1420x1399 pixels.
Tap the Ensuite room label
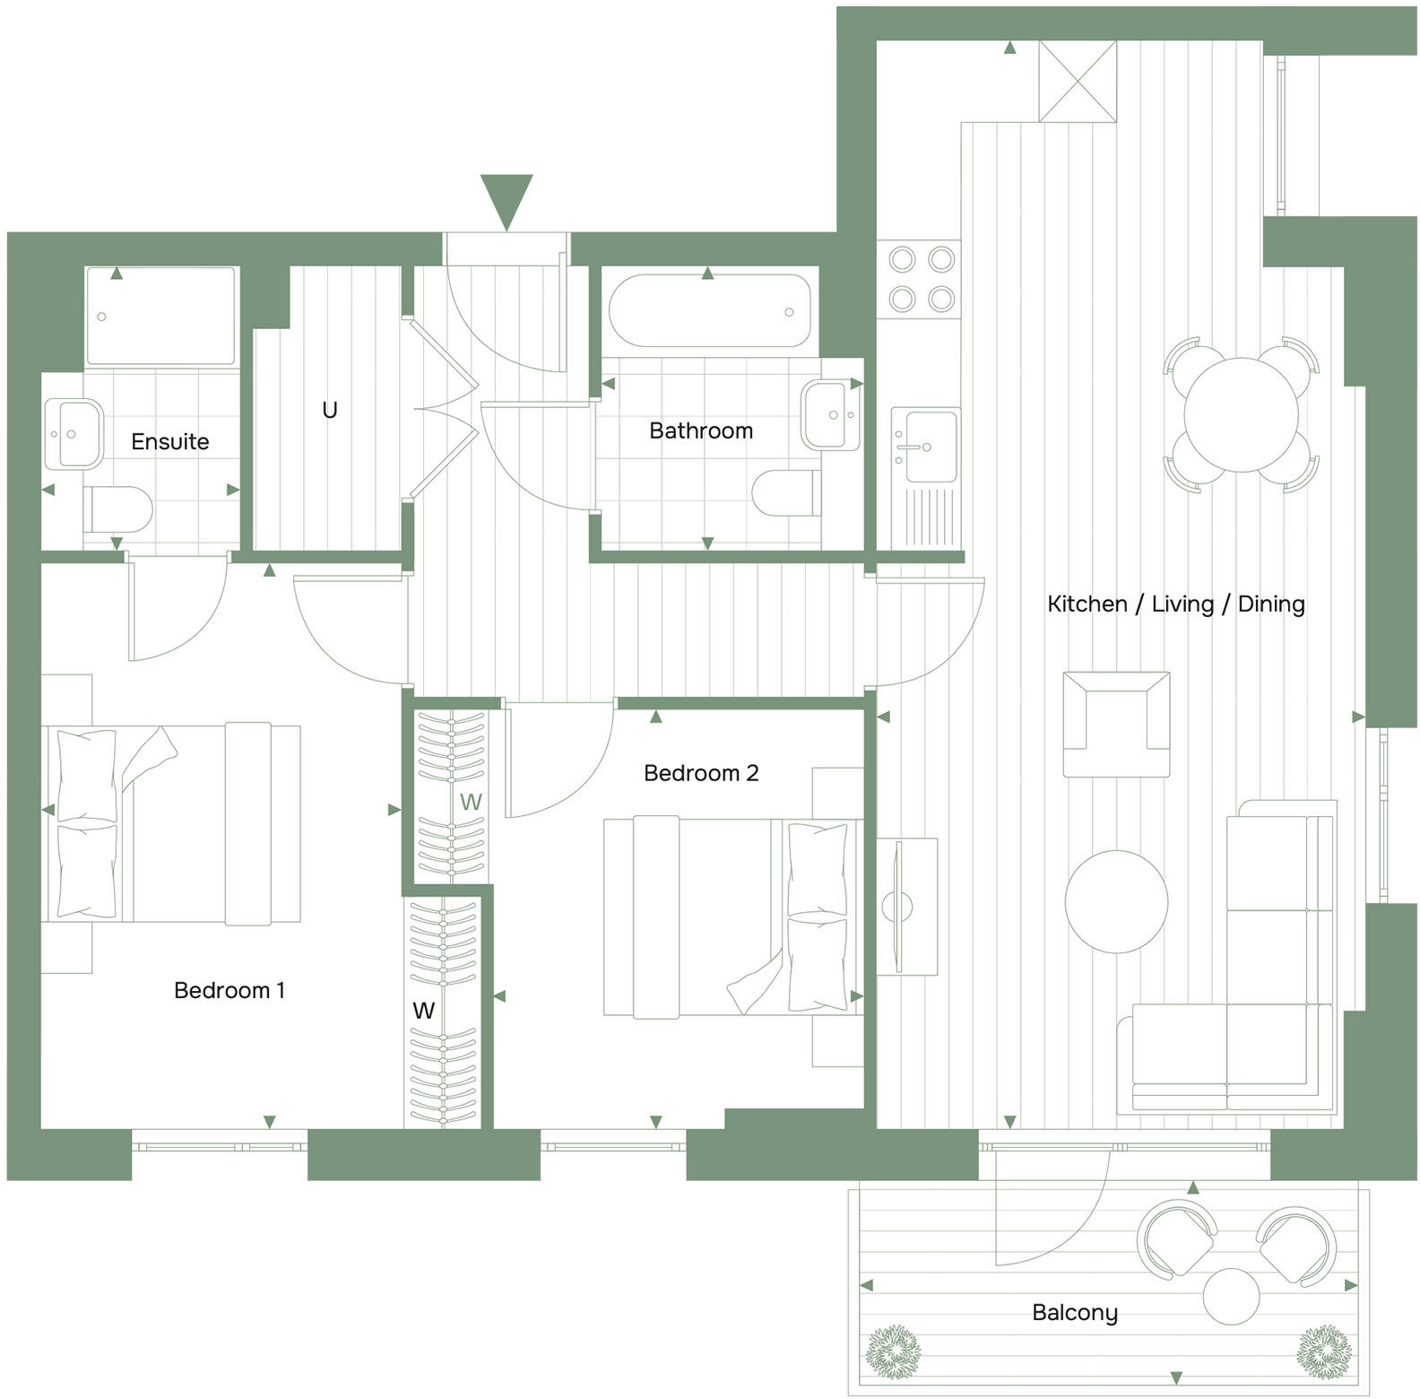click(170, 441)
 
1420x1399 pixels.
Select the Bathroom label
click(701, 430)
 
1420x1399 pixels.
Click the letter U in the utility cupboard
click(330, 410)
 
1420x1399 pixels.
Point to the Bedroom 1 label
click(229, 990)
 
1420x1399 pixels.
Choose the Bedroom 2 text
click(701, 772)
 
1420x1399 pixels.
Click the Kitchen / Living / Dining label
click(1176, 604)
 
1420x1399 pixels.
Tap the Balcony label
click(1075, 1313)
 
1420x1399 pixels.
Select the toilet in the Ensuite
click(119, 509)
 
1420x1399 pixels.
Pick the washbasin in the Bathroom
click(831, 414)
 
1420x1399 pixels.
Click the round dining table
click(1241, 415)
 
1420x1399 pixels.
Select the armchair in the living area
click(1116, 724)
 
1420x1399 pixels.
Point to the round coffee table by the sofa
click(1116, 901)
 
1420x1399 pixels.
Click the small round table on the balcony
click(1231, 1296)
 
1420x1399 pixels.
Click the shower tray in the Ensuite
click(161, 316)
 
